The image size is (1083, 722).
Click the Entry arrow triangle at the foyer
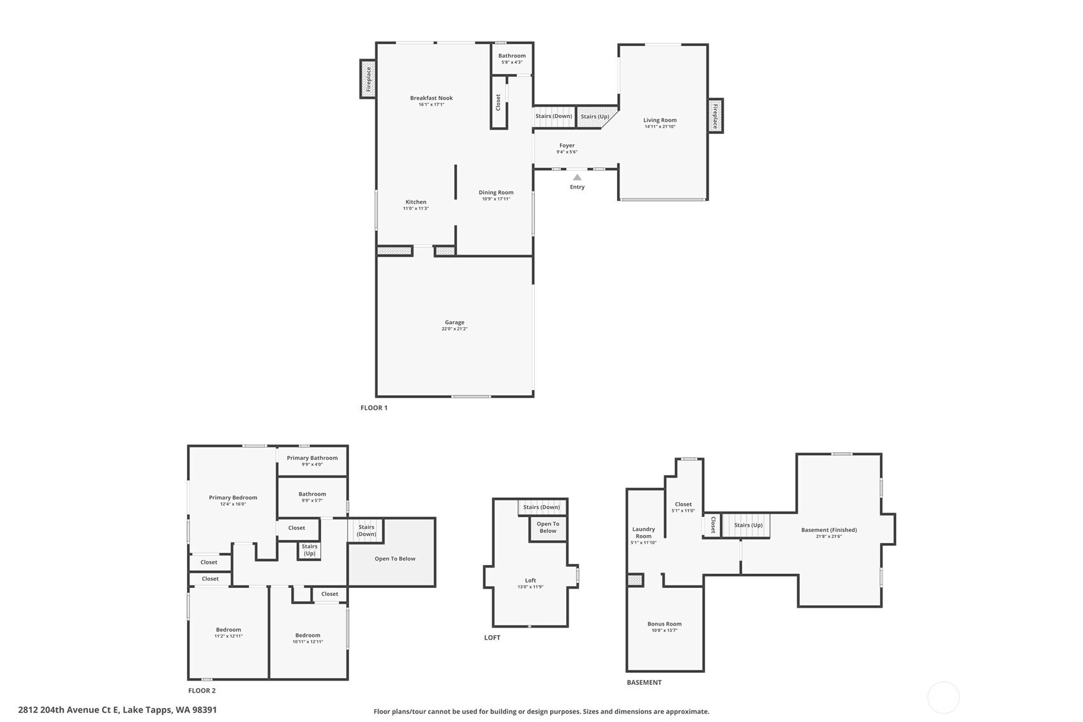click(577, 177)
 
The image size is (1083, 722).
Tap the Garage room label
click(454, 323)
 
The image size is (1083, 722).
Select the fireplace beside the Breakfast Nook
click(368, 79)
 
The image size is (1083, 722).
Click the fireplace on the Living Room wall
click(715, 116)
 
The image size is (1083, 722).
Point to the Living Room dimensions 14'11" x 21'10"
click(659, 127)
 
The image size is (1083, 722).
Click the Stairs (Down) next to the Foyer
click(553, 116)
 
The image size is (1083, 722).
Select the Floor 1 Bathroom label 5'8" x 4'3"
click(512, 59)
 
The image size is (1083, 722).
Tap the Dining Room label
click(496, 193)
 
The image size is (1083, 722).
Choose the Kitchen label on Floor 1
click(415, 202)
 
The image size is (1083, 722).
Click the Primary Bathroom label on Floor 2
click(312, 458)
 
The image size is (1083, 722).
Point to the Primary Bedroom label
click(233, 498)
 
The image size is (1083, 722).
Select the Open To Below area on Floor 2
click(394, 559)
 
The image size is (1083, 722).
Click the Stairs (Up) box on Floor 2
click(309, 550)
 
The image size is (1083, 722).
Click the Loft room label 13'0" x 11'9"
click(530, 583)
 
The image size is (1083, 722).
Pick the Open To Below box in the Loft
click(548, 528)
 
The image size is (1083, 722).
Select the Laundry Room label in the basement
click(643, 532)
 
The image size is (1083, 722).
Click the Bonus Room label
click(664, 624)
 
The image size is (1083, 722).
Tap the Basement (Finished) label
click(828, 530)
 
